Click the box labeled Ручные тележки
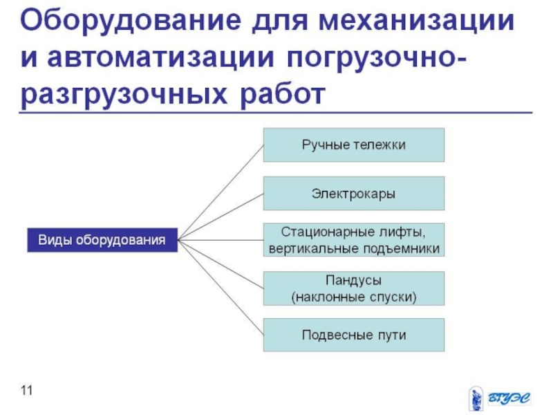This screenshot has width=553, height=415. click(x=353, y=145)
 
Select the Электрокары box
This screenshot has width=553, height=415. click(x=353, y=193)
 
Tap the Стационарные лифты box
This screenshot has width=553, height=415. click(x=353, y=239)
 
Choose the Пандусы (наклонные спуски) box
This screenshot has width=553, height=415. click(x=353, y=288)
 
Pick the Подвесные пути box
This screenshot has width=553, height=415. click(x=353, y=335)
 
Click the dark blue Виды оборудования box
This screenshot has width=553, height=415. click(x=101, y=240)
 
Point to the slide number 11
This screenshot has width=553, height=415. click(x=27, y=391)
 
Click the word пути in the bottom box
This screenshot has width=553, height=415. click(x=391, y=335)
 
